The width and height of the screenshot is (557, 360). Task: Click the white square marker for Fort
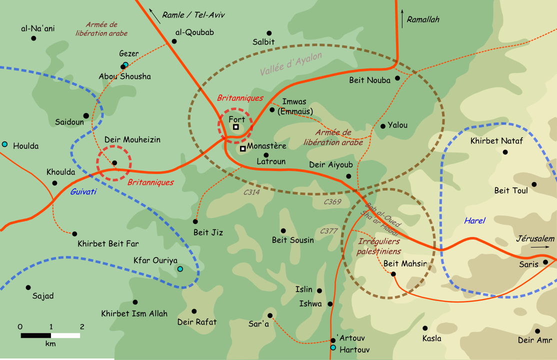[x=236, y=127]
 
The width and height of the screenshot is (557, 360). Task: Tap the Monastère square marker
[x=242, y=148]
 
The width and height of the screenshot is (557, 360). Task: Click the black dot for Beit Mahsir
[x=393, y=274]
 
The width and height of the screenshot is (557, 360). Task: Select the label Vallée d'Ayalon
[x=291, y=64]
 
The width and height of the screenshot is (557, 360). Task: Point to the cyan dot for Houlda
[x=5, y=144]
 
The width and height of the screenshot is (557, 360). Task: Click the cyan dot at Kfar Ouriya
[x=180, y=269]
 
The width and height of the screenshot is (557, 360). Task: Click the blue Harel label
[x=474, y=220]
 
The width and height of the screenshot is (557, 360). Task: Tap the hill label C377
[x=329, y=231]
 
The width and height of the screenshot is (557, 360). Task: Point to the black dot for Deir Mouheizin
[x=114, y=163]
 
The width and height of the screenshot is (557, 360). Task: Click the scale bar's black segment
[x=36, y=335]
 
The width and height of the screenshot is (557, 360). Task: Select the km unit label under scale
[x=50, y=344]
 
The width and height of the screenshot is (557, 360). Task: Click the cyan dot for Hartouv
[x=333, y=348]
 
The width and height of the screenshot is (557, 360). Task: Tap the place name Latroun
[x=270, y=162]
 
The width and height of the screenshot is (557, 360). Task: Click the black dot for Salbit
[x=269, y=33]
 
